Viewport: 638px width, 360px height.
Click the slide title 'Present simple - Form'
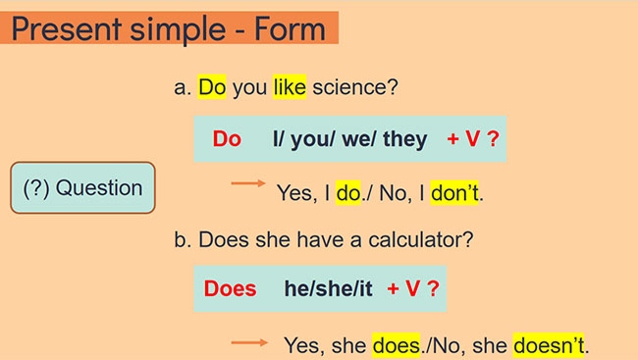click(x=168, y=27)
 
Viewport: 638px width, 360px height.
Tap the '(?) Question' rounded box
click(x=82, y=188)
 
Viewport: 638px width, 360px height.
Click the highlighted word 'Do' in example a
click(x=212, y=88)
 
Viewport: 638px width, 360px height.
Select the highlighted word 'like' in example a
click(x=290, y=88)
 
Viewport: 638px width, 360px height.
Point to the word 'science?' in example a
click(x=354, y=88)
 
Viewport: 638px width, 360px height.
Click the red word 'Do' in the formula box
click(x=227, y=139)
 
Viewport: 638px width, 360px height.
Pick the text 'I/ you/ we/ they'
click(x=350, y=139)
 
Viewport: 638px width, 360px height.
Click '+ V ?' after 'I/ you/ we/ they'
click(x=473, y=139)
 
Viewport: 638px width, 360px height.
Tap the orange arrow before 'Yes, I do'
click(x=248, y=183)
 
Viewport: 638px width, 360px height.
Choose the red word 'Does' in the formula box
click(x=230, y=289)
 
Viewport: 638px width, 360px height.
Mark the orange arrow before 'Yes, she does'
click(x=249, y=342)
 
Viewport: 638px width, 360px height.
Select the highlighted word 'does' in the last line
click(x=396, y=345)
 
